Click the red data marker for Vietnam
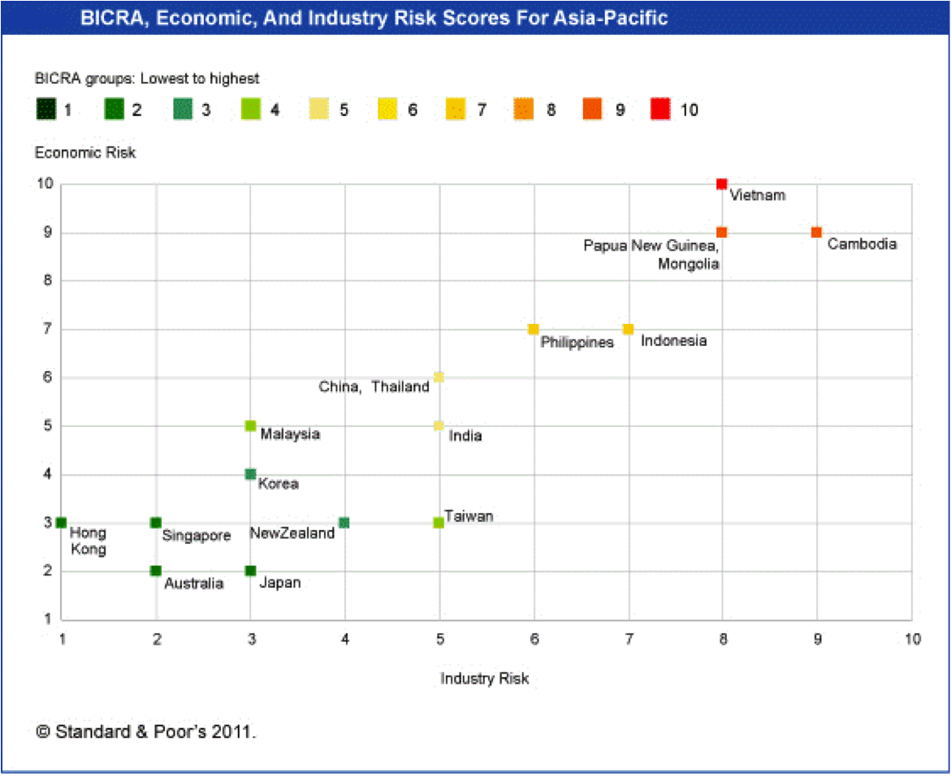[721, 184]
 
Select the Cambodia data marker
[816, 233]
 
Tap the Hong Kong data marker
[61, 523]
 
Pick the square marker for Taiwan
[439, 523]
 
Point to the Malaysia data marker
[250, 426]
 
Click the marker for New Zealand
[344, 523]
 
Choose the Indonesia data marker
[628, 330]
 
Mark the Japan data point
[250, 571]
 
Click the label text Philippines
[577, 343]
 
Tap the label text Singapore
[197, 536]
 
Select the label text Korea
[278, 484]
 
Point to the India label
[465, 436]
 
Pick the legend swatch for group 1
[45, 110]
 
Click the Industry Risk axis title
[485, 678]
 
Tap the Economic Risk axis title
[84, 153]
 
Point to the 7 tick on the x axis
[628, 639]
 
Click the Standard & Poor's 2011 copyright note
[146, 731]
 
